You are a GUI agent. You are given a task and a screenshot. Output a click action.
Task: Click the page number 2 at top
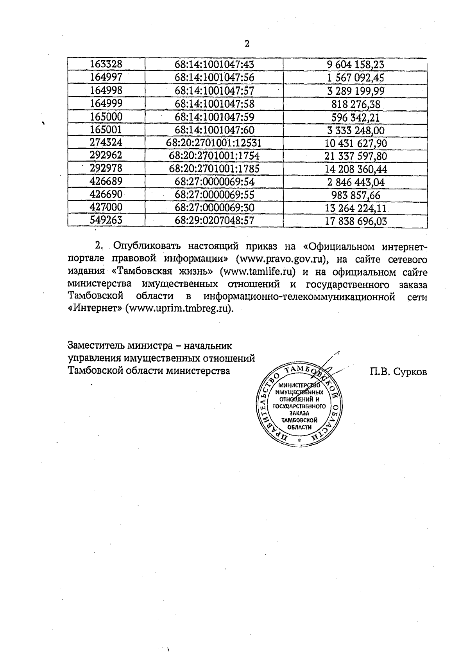(x=247, y=44)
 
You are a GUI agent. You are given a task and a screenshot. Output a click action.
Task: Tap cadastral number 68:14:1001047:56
(x=215, y=77)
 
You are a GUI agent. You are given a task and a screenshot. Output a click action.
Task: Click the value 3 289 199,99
(x=355, y=91)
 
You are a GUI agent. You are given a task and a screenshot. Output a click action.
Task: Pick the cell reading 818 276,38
(x=355, y=104)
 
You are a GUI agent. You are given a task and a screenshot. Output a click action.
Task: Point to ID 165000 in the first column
(x=106, y=117)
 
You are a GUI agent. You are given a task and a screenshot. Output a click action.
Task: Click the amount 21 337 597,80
(x=355, y=156)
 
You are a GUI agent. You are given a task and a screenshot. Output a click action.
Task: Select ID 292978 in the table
(x=106, y=169)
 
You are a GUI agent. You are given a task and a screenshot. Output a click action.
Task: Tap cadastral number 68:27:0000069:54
(x=215, y=182)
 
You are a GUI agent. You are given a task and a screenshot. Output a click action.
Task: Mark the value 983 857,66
(x=355, y=195)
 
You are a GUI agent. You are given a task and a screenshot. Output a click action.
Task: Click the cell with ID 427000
(x=106, y=207)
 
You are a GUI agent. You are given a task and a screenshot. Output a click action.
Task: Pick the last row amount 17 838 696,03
(x=355, y=221)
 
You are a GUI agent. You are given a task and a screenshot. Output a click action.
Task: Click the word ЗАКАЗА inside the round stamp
(x=299, y=413)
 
